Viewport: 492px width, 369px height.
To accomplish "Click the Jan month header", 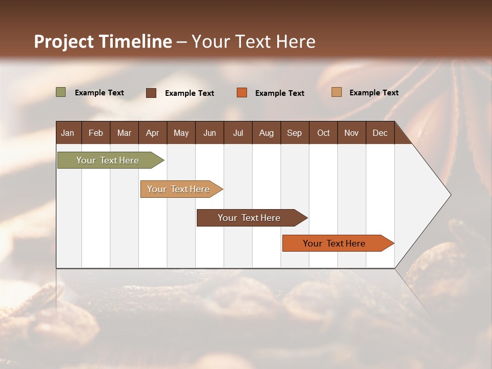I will (x=68, y=133).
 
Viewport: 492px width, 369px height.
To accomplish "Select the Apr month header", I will (x=152, y=133).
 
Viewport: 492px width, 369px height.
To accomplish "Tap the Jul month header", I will (x=238, y=133).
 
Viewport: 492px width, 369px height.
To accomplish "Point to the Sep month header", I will (x=294, y=133).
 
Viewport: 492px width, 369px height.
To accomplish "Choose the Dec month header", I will (x=380, y=133).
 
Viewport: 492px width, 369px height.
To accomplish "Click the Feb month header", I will (x=96, y=133).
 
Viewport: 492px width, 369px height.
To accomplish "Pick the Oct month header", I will (x=323, y=133).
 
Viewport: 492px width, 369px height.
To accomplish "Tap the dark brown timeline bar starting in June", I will (x=250, y=218).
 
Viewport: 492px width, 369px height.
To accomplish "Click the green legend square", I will (x=61, y=92).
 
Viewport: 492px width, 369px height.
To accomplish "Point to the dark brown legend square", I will (x=151, y=93).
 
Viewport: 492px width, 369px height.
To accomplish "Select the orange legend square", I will (x=242, y=93).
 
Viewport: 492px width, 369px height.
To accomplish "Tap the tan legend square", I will (x=336, y=92).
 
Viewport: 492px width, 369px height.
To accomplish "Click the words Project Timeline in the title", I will (x=103, y=42).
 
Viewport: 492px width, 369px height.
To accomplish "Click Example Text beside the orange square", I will (x=279, y=93).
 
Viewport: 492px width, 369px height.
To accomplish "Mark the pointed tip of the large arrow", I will (x=450, y=195).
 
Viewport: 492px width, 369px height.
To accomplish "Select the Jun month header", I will (x=210, y=133).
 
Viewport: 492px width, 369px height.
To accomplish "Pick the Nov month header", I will (x=352, y=133).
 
